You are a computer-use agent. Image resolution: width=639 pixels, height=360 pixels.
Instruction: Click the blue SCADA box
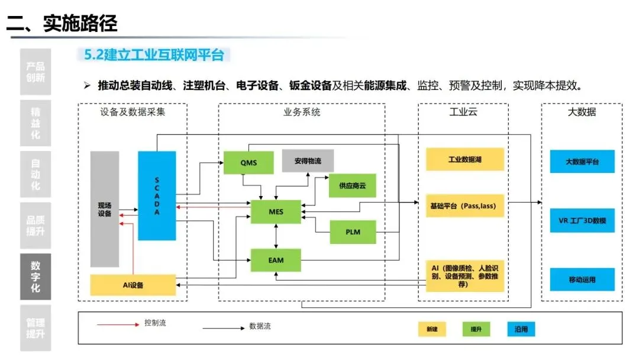pyautogui.click(x=157, y=195)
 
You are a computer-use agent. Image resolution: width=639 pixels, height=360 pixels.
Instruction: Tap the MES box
pyautogui.click(x=276, y=211)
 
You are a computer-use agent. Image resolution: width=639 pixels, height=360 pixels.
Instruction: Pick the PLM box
pyautogui.click(x=353, y=232)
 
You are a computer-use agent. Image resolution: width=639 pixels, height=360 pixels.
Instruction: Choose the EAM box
pyautogui.click(x=276, y=260)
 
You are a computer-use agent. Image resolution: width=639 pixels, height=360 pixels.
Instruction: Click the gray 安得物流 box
pyautogui.click(x=308, y=160)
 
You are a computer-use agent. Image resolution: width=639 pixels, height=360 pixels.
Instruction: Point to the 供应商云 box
pyautogui.click(x=353, y=185)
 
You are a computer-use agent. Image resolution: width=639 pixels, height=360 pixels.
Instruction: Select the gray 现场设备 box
pyautogui.click(x=105, y=209)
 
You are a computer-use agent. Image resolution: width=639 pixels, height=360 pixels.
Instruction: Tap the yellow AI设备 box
pyautogui.click(x=133, y=285)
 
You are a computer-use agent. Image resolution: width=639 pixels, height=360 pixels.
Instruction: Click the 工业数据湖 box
pyautogui.click(x=464, y=159)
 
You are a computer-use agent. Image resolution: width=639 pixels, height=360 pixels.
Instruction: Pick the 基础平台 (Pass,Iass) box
pyautogui.click(x=464, y=206)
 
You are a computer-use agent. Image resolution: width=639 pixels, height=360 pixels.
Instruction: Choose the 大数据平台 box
pyautogui.click(x=582, y=161)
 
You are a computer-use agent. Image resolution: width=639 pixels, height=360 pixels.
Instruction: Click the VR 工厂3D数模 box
pyautogui.click(x=582, y=220)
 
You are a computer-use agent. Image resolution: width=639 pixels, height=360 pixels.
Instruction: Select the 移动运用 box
pyautogui.click(x=582, y=279)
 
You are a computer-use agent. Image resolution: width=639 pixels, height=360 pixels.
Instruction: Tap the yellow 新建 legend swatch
pyautogui.click(x=432, y=329)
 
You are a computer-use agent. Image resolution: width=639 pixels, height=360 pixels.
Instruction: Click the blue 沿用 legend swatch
pyautogui.click(x=521, y=329)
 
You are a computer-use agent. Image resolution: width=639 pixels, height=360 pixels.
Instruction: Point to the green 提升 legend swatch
pyautogui.click(x=476, y=329)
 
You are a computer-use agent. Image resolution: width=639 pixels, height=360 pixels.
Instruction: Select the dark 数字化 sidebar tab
pyautogui.click(x=35, y=277)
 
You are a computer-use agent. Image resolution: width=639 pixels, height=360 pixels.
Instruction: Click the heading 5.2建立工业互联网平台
pyautogui.click(x=154, y=56)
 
